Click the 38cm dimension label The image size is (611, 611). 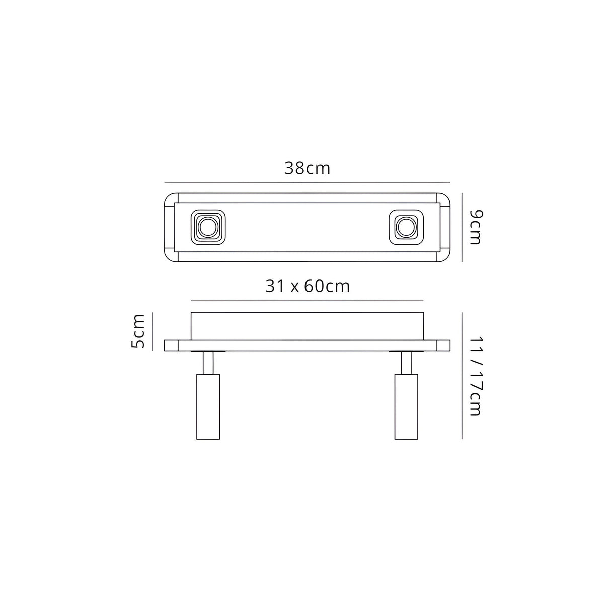point(307,168)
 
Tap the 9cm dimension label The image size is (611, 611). point(475,227)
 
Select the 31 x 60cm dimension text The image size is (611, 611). point(307,286)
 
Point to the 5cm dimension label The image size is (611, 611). point(137,331)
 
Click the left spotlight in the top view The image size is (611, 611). point(207,227)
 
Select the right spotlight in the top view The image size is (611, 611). point(406,227)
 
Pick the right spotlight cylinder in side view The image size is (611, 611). point(406,407)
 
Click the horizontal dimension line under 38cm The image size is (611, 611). point(307,182)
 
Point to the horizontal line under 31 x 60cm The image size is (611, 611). point(307,301)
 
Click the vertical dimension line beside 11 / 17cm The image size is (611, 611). point(462,375)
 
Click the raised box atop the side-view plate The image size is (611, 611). point(307,326)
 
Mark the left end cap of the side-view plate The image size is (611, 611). point(172,345)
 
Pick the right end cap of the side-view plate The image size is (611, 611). point(443,345)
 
